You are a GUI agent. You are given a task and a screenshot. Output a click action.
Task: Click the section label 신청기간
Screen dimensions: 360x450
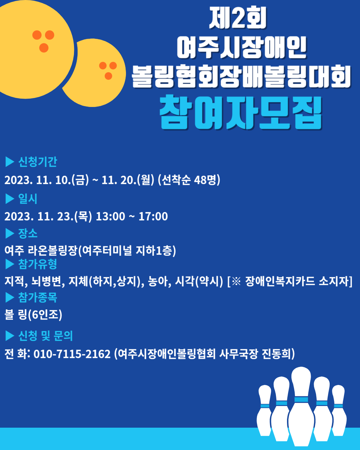[38, 162]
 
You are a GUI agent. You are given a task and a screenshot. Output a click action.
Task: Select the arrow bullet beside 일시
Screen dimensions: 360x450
[10, 199]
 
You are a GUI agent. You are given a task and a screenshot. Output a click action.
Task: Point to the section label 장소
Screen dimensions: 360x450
[28, 233]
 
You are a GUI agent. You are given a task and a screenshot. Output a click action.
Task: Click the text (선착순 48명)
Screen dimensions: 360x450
[189, 180]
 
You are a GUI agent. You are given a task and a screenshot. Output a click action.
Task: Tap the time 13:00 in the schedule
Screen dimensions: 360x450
[110, 216]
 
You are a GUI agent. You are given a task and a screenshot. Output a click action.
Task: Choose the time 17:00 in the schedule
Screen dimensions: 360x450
[153, 216]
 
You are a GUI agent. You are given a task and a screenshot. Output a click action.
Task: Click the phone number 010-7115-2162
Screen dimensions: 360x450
[72, 354]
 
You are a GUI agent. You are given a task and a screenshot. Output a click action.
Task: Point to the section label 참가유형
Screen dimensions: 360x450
[38, 264]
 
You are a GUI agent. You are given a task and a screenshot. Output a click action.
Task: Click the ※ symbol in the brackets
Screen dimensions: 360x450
[236, 281]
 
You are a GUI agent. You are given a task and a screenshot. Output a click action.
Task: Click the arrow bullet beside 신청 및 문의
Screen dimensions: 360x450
[10, 336]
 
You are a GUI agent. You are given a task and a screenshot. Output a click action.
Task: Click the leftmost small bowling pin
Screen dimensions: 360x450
[265, 410]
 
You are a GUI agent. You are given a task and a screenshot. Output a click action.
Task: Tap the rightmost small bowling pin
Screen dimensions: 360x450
[339, 410]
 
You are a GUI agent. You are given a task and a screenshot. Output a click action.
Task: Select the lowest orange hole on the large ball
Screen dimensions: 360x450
[44, 48]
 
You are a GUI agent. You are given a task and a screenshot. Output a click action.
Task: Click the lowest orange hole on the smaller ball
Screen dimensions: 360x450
[108, 76]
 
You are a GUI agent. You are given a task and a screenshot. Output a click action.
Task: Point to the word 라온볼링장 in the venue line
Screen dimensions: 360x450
[53, 250]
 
